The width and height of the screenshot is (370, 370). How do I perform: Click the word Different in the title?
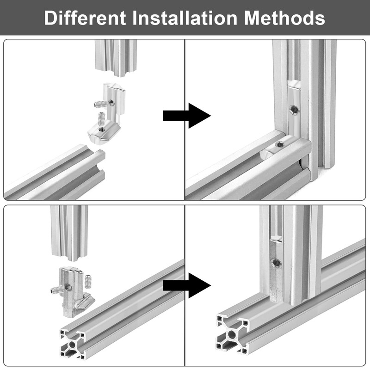(85, 18)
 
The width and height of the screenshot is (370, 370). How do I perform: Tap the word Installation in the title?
(185, 18)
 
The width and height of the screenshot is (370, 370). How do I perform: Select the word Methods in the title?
(284, 18)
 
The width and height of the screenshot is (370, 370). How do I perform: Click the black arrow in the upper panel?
(187, 116)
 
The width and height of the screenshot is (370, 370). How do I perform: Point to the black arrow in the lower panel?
(187, 285)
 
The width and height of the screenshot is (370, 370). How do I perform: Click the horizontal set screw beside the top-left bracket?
(102, 103)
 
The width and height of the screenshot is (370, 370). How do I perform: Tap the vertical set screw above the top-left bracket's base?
(101, 119)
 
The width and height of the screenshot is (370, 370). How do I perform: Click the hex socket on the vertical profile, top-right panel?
(294, 110)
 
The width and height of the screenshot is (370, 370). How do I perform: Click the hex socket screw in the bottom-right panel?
(276, 263)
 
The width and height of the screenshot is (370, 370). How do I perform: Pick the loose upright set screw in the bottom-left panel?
(88, 281)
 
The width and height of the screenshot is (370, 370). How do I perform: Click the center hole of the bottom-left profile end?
(73, 345)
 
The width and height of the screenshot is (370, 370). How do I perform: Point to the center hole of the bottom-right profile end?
(232, 334)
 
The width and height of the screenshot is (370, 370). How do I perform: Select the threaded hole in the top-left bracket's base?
(101, 129)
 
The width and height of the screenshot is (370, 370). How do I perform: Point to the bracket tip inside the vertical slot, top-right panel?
(294, 85)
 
